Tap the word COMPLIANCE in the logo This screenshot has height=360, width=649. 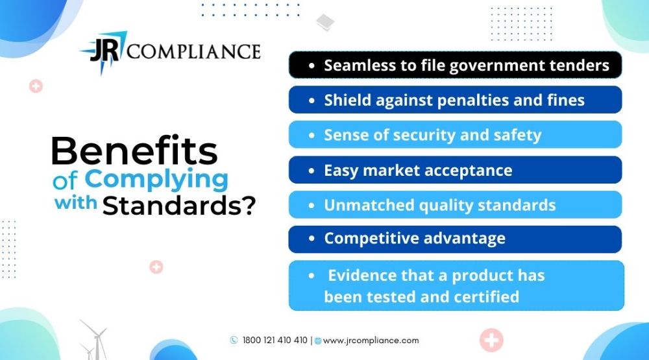[193, 52]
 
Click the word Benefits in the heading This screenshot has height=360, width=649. [134, 150]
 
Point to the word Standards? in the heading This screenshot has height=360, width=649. [179, 205]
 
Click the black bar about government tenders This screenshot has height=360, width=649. [456, 65]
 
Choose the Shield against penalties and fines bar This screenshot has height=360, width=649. [456, 100]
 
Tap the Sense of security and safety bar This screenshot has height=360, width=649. [456, 134]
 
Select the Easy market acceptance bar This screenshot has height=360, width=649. [456, 170]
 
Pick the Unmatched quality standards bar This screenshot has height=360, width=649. [456, 204]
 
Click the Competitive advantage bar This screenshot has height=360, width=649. [456, 239]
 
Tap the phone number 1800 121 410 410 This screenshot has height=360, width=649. [275, 340]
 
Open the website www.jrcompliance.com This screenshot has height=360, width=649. [371, 341]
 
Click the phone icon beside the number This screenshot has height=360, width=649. [234, 340]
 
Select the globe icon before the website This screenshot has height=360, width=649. [318, 341]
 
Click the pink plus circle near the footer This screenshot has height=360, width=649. [491, 340]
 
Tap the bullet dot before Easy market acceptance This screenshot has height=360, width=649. [312, 171]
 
